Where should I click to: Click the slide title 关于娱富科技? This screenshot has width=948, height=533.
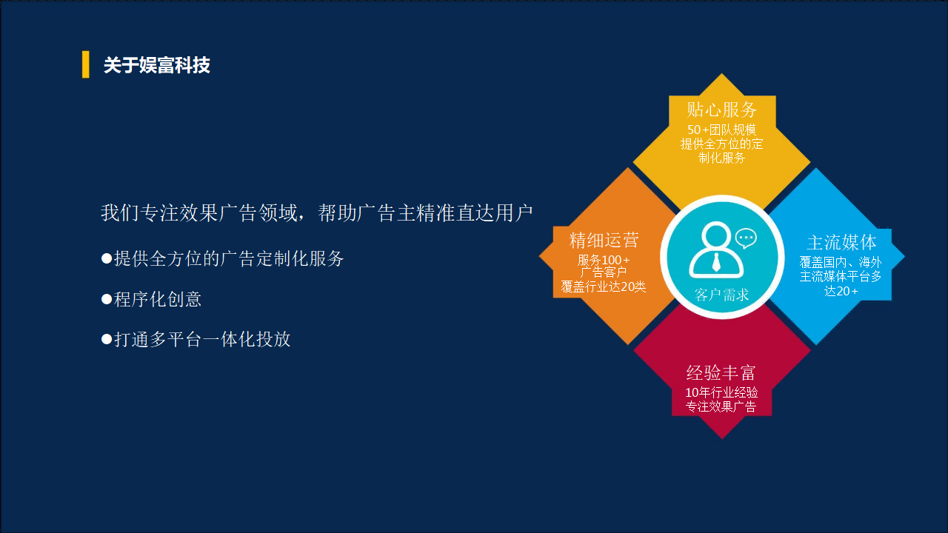click(156, 65)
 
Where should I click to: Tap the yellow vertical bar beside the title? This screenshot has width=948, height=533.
click(85, 64)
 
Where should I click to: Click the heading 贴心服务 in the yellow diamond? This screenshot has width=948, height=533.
click(721, 110)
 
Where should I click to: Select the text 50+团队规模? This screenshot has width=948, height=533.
click(721, 130)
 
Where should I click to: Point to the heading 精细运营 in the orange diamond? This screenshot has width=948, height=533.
click(604, 241)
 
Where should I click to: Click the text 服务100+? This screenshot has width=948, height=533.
click(604, 259)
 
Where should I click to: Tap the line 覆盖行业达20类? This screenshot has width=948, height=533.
click(604, 286)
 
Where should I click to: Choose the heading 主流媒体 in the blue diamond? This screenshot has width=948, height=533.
click(841, 242)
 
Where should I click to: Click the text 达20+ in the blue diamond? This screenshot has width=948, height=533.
click(841, 291)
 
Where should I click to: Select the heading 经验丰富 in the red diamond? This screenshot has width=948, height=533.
click(721, 372)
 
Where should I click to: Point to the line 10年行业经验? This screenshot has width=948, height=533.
click(721, 392)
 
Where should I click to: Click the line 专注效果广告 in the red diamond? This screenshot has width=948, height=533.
click(721, 406)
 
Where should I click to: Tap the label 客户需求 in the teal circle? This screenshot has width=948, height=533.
click(721, 295)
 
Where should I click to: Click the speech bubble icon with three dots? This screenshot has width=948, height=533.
click(746, 238)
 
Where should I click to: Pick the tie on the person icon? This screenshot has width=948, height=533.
click(716, 262)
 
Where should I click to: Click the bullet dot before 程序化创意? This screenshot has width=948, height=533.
click(107, 300)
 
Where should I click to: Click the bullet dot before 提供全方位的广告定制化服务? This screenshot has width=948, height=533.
click(107, 258)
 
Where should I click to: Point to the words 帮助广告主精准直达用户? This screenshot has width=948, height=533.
click(425, 212)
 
